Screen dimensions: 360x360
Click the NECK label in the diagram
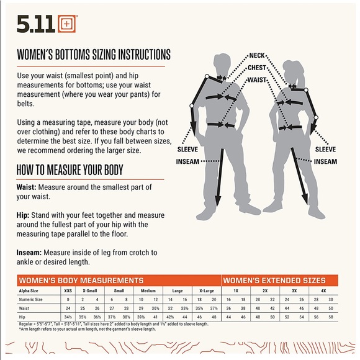[258, 55]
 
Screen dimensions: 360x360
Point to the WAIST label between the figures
[258, 80]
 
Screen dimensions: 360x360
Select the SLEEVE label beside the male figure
[187, 150]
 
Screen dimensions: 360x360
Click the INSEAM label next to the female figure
[325, 161]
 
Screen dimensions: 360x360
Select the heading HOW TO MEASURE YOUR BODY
[70, 169]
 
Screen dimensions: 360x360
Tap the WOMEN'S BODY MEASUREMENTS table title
[81, 281]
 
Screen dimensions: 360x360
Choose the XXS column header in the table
[68, 290]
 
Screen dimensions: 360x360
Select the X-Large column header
[207, 290]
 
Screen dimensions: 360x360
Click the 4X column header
[323, 290]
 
